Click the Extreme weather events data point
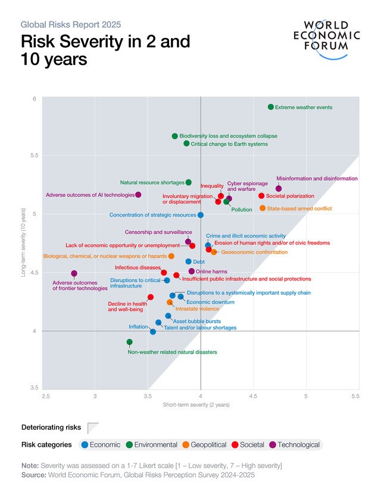point(271,107)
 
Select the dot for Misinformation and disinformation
point(279,188)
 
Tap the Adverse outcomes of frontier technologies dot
point(74,274)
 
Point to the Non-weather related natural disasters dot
point(129,342)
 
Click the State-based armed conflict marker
point(263,208)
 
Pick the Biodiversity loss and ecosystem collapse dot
point(174,136)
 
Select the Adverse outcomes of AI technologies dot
point(138,194)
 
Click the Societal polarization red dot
point(261,196)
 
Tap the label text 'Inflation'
point(138,327)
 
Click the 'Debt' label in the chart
point(199,262)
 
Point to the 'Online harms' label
point(209,271)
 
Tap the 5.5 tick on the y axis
point(35,156)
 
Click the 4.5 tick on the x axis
point(253,395)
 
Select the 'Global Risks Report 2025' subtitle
point(71,24)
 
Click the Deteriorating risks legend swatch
point(93,428)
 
